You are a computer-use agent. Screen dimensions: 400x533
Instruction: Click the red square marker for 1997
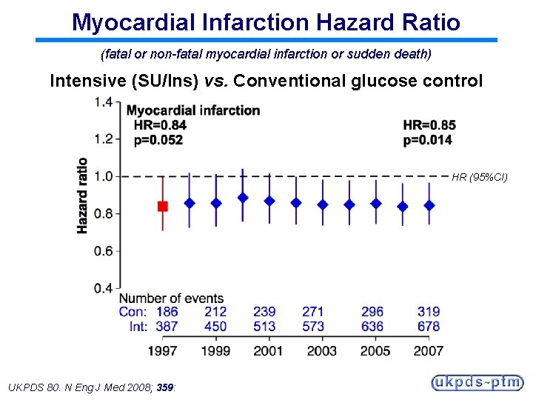(163, 206)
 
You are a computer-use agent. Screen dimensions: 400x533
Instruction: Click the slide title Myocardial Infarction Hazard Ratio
(266, 21)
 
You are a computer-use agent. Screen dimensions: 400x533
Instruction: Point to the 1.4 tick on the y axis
(103, 101)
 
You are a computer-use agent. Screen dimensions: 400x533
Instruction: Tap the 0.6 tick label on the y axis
(103, 251)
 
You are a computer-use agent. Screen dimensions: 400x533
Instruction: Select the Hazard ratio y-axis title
(82, 196)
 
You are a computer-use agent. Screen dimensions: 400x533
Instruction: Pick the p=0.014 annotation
(428, 140)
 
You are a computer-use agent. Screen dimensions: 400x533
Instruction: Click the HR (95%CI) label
(479, 177)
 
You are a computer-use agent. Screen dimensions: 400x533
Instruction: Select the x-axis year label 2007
(428, 350)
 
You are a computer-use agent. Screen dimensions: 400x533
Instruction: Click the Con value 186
(167, 312)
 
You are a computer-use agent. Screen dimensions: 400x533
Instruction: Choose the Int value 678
(428, 326)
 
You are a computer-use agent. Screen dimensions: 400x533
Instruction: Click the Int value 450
(215, 326)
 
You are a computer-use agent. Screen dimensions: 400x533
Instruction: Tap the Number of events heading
(171, 298)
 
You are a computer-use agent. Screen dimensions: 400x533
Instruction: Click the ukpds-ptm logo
(477, 383)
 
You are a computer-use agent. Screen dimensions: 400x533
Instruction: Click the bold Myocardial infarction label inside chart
(193, 110)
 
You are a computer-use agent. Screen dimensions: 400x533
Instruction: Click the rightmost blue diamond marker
(429, 205)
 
